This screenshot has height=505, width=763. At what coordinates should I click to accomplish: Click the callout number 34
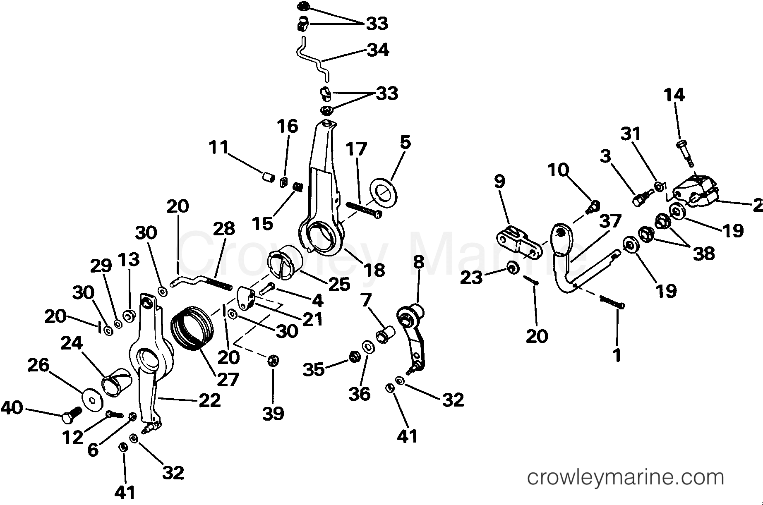click(x=378, y=50)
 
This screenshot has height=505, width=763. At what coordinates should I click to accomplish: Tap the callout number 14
click(x=674, y=95)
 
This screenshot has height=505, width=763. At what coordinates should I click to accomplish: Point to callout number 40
click(x=12, y=408)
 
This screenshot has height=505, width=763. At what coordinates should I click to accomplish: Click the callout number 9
click(x=499, y=181)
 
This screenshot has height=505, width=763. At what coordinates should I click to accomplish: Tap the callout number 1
click(x=617, y=354)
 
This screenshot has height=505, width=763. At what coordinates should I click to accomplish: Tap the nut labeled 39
click(x=273, y=361)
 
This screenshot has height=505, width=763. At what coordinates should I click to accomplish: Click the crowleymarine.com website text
click(x=626, y=478)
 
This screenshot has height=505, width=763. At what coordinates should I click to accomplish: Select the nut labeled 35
click(x=354, y=357)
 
